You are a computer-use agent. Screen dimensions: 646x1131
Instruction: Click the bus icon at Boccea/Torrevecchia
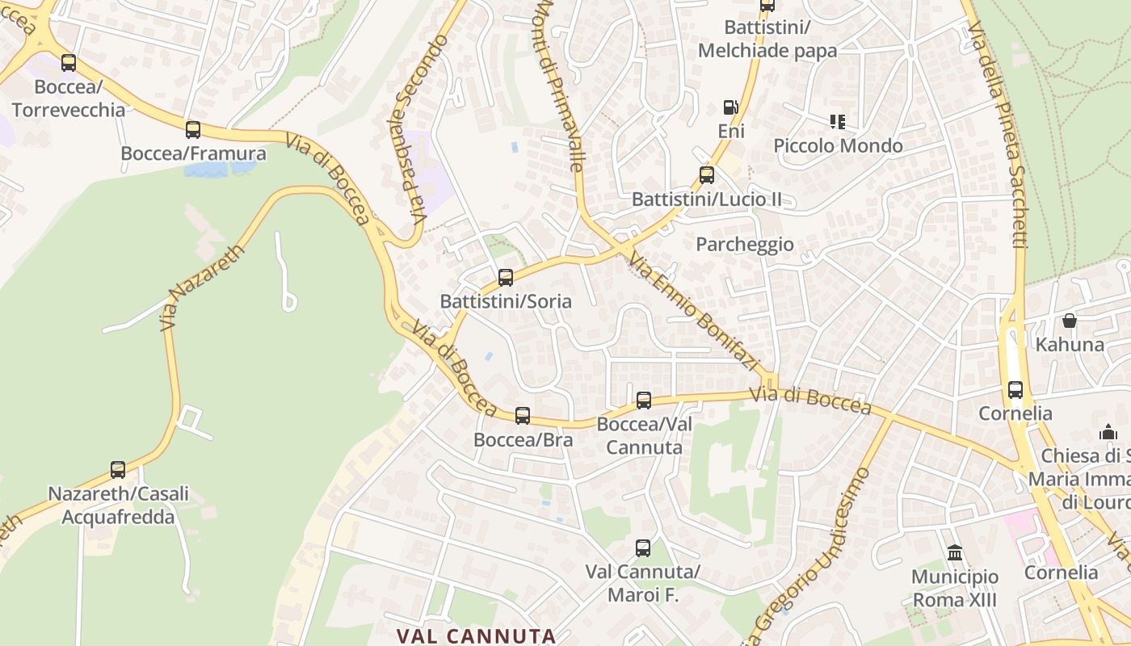click(x=69, y=63)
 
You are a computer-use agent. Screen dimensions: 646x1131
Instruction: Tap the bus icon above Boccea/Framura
click(x=192, y=130)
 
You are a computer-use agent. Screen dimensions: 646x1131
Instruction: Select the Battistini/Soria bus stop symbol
click(x=506, y=278)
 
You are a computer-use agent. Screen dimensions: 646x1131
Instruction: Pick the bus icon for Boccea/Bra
click(x=523, y=416)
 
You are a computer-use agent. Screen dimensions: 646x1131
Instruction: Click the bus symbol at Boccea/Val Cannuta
click(x=644, y=400)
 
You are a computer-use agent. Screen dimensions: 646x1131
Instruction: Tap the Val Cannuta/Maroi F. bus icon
click(x=643, y=548)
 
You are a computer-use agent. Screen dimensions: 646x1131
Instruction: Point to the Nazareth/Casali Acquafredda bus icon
click(x=118, y=470)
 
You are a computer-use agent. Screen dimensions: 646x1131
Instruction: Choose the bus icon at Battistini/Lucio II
click(x=707, y=175)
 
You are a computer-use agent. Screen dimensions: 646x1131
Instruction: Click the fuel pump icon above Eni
click(x=730, y=107)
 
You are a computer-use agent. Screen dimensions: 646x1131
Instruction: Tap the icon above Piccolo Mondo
click(x=837, y=122)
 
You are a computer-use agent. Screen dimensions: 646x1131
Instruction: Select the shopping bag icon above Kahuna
click(x=1070, y=321)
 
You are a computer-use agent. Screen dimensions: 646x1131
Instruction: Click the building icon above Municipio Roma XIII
click(x=955, y=553)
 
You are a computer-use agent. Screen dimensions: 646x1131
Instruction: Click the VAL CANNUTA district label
click(x=476, y=636)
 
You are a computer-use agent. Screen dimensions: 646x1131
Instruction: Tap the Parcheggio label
click(x=745, y=244)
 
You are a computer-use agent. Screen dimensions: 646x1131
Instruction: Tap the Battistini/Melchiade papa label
click(x=767, y=39)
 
